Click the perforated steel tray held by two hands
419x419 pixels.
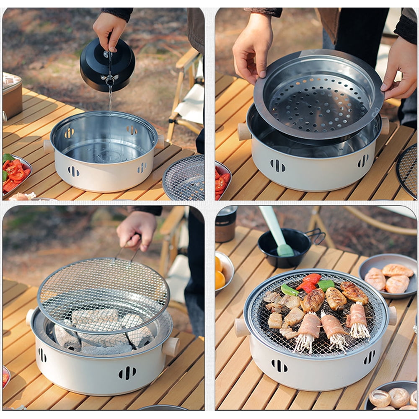[x=318, y=96]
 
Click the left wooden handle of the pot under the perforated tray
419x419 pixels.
[x=244, y=132]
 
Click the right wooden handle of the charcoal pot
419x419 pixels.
[x=171, y=347]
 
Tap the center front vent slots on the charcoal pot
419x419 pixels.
[x=127, y=372]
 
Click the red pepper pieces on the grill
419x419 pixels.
[x=309, y=283]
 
